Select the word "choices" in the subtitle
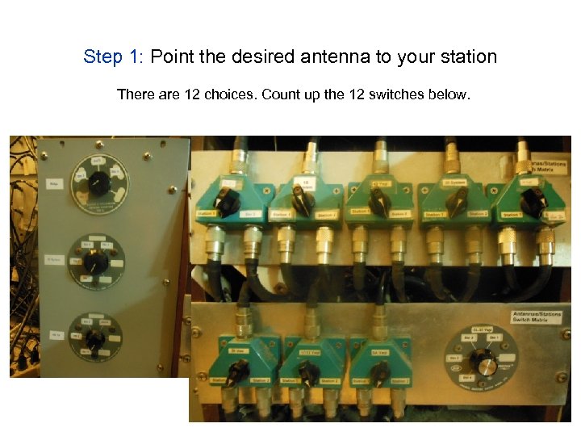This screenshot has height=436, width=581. pyautogui.click(x=231, y=94)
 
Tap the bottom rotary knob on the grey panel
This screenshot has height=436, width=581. pyautogui.click(x=95, y=340)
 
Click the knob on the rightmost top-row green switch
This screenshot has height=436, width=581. pyautogui.click(x=530, y=202)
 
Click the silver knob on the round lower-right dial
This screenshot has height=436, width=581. pyautogui.click(x=486, y=365)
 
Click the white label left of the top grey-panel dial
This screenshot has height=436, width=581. pyautogui.click(x=55, y=185)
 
